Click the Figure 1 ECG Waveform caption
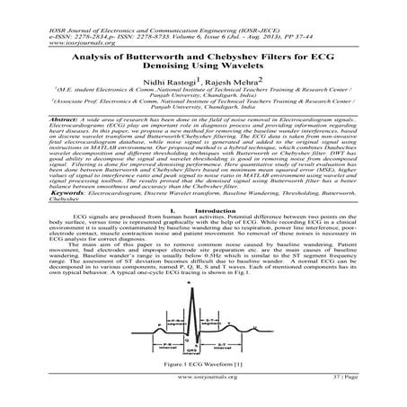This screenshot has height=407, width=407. [203, 367]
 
